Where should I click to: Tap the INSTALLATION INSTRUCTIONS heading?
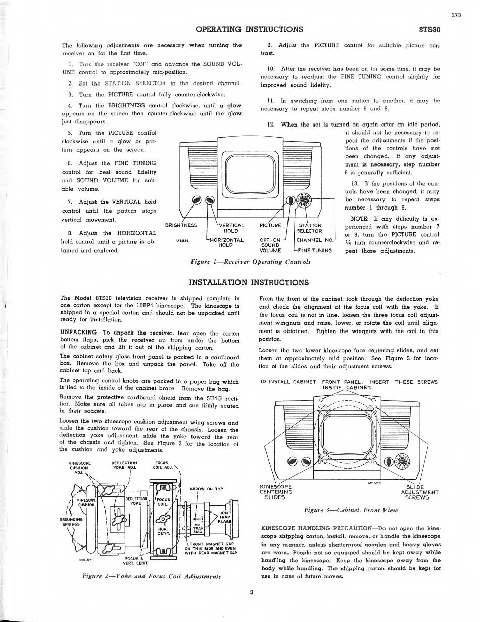[x=249, y=283]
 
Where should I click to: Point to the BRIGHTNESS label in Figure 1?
[x=181, y=225]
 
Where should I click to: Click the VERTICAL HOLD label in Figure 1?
[x=231, y=228]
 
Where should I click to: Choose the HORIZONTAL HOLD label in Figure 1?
[x=226, y=243]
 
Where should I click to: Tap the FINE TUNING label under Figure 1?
[x=315, y=251]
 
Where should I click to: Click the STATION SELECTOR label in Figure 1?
[x=310, y=228]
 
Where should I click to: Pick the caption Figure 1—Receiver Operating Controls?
[x=250, y=262]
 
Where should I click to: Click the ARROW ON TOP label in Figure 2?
[x=207, y=489]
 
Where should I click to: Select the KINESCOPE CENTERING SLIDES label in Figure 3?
[x=276, y=492]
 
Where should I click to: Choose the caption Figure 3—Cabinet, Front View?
[x=351, y=510]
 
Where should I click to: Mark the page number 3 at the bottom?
[x=252, y=592]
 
